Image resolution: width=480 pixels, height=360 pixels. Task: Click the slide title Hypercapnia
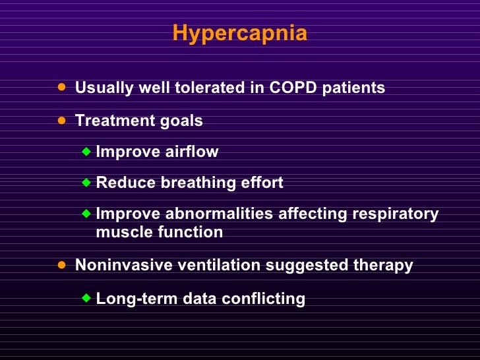coord(240,33)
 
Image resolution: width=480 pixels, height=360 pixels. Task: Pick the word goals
coord(181,121)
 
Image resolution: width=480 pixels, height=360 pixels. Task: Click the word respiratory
coord(395,214)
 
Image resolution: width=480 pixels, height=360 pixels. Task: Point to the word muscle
coord(121,232)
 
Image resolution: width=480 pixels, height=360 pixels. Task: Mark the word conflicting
coord(263,299)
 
